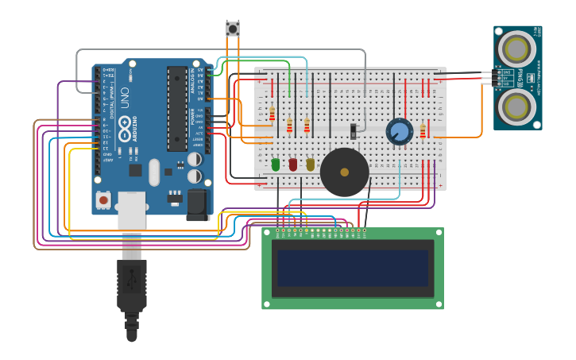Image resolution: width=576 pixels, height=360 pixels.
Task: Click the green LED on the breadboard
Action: pyautogui.click(x=276, y=165)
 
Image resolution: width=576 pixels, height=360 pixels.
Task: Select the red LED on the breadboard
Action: pyautogui.click(x=293, y=165)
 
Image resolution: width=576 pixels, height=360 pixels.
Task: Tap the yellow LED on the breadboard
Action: pyautogui.click(x=311, y=165)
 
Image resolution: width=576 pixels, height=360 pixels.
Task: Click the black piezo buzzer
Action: pyautogui.click(x=345, y=172)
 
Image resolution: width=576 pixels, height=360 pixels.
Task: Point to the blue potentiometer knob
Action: pyautogui.click(x=400, y=131)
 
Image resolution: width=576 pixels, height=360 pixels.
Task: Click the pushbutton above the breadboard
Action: pyautogui.click(x=233, y=29)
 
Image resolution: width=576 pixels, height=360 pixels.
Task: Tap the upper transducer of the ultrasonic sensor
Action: pyautogui.click(x=517, y=49)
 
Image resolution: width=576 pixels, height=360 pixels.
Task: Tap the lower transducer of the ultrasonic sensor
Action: pyautogui.click(x=517, y=105)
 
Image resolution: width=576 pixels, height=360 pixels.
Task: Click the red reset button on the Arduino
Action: pyautogui.click(x=103, y=199)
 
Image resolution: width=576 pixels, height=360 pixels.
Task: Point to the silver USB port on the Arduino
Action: pyautogui.click(x=132, y=210)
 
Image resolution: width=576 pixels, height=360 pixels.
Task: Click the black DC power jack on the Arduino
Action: pyautogui.click(x=197, y=204)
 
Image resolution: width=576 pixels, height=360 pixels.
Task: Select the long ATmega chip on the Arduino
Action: pyautogui.click(x=176, y=108)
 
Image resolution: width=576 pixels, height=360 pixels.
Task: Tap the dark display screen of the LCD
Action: pyautogui.click(x=353, y=268)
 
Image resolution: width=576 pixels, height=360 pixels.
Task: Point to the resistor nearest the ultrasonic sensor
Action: pyautogui.click(x=423, y=130)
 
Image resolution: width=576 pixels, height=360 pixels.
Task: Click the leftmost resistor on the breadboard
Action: pyautogui.click(x=272, y=114)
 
